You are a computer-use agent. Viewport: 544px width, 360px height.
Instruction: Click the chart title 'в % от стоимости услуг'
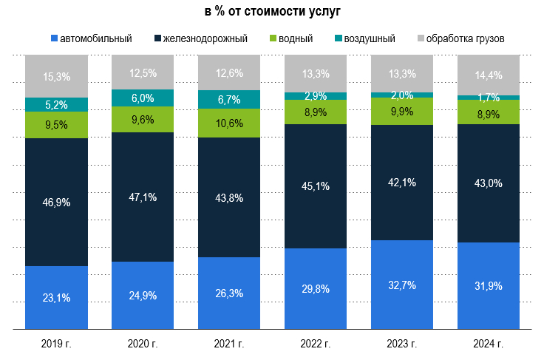coord(272,12)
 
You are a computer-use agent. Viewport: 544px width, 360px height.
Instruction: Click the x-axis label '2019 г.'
coord(56,344)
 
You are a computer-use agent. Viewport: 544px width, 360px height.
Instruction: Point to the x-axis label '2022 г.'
coord(316,344)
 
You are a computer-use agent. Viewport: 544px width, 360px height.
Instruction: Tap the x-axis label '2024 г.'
coord(488,344)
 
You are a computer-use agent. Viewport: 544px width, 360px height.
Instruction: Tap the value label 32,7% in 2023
coord(401,285)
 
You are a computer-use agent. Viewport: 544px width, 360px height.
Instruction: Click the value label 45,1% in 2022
coord(316,186)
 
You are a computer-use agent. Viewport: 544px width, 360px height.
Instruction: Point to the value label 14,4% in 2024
coord(488,75)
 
